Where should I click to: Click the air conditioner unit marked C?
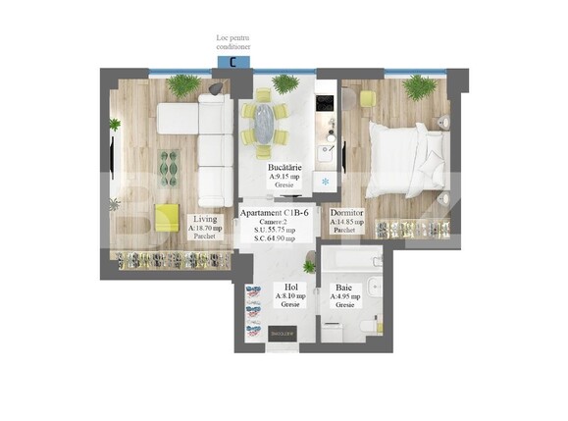[x=232, y=62]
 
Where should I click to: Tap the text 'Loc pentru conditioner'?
[x=233, y=41]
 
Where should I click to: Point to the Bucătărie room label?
[x=284, y=169]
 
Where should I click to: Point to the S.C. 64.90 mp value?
[x=278, y=237]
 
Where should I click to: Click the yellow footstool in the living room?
[x=166, y=215]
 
